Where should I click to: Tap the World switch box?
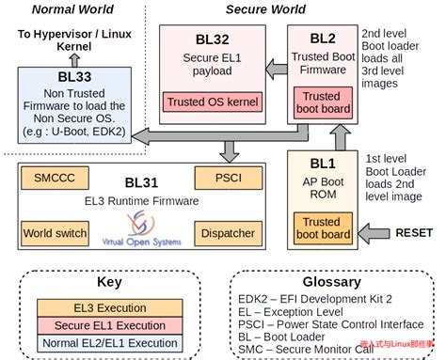click(x=56, y=232)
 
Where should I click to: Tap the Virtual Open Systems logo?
click(x=138, y=228)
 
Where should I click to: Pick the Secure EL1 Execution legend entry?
click(x=103, y=326)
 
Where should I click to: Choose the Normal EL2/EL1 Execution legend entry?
click(x=103, y=343)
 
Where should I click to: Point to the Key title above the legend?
click(x=107, y=282)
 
